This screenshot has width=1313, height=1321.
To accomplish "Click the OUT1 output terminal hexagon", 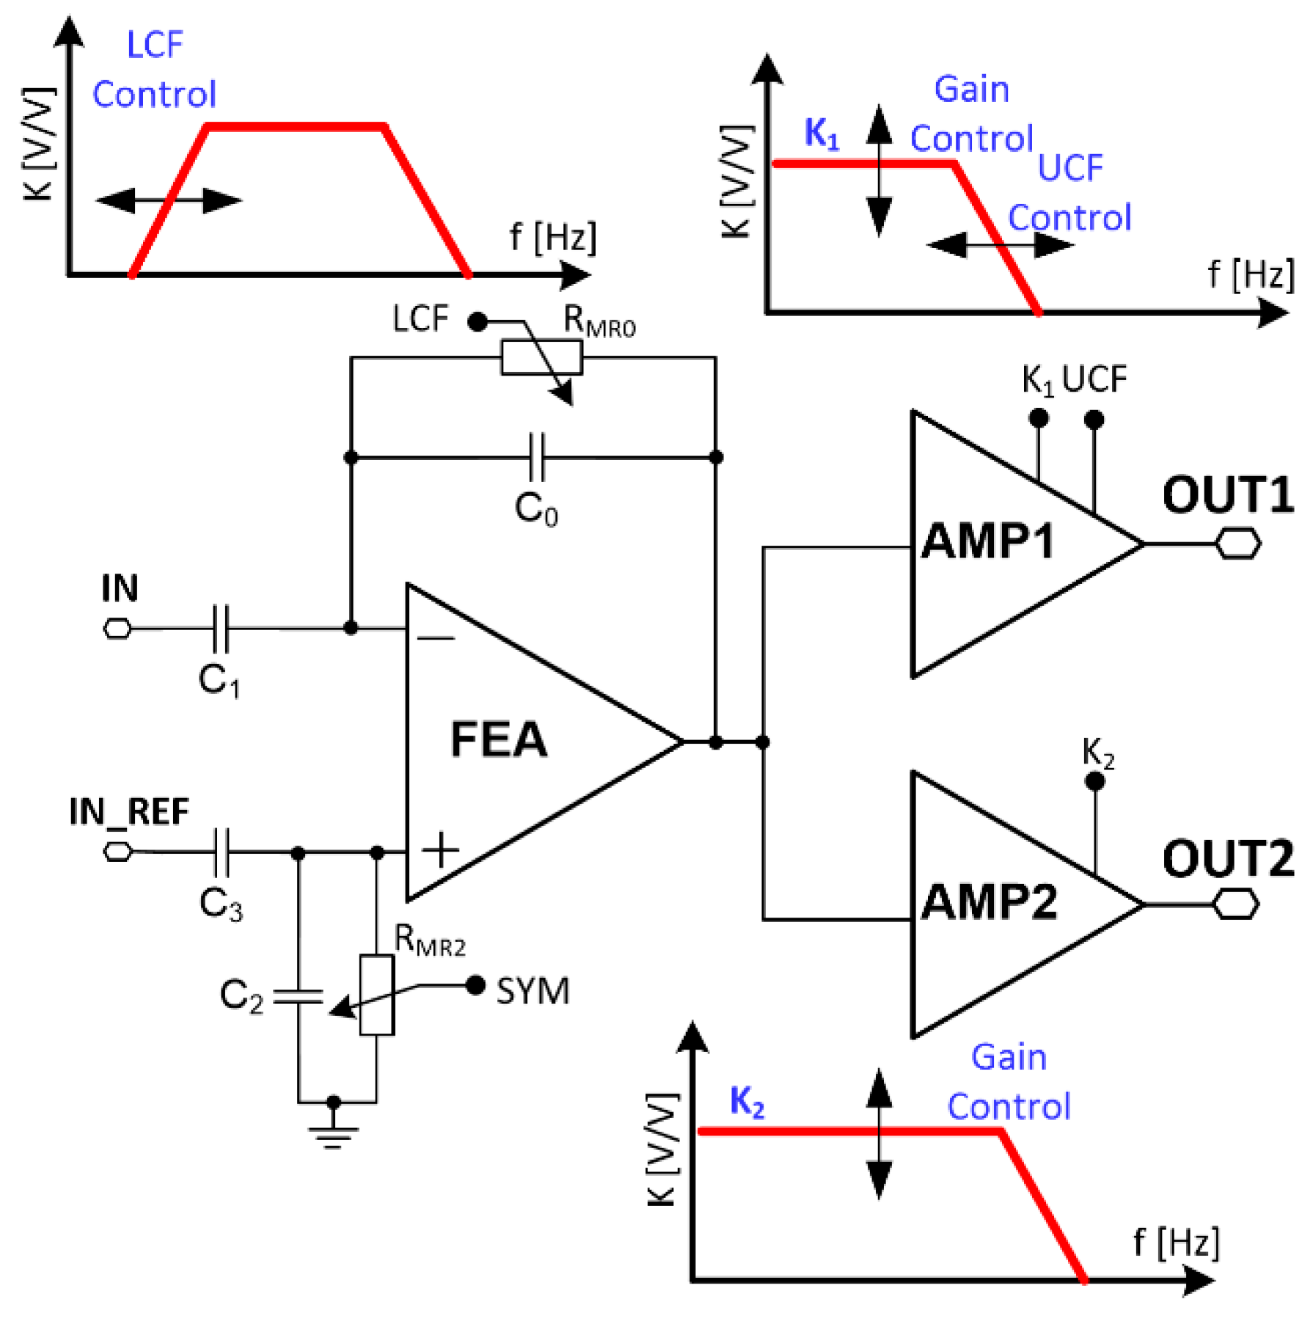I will click(x=1238, y=544).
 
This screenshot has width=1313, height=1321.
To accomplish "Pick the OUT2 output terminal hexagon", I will click(x=1236, y=904).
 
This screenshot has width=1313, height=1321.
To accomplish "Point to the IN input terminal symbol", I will click(x=117, y=629).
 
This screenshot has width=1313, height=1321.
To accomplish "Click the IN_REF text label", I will click(x=129, y=812).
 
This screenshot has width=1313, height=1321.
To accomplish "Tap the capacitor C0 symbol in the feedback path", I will click(x=537, y=457).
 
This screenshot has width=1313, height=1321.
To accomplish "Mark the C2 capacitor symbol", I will click(x=298, y=996).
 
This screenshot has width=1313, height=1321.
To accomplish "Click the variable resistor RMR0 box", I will click(x=541, y=358).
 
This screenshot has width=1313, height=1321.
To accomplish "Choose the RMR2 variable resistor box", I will click(x=376, y=995).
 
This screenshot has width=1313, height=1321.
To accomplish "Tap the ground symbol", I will click(x=333, y=1134).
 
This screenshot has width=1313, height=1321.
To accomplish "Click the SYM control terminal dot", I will click(x=475, y=985).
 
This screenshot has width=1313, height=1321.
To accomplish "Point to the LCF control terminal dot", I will click(x=478, y=321).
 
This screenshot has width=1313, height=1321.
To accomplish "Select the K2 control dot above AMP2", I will click(x=1094, y=782).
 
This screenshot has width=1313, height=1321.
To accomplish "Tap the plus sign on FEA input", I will click(x=440, y=850).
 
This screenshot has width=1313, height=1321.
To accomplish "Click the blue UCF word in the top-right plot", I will click(x=1070, y=169).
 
